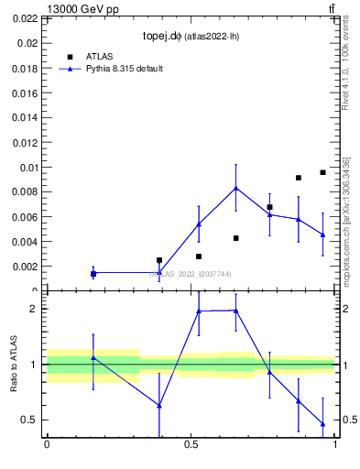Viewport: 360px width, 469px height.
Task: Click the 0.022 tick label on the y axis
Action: (x=26, y=18)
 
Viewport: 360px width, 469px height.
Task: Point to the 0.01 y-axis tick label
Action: (x=29, y=168)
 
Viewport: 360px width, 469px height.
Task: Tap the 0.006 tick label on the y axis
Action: (x=26, y=217)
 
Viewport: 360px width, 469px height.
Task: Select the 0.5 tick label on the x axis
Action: (x=191, y=446)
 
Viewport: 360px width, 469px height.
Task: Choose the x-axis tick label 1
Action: (x=335, y=446)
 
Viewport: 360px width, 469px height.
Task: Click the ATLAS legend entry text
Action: (x=99, y=56)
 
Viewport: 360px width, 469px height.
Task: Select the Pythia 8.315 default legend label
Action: (x=125, y=69)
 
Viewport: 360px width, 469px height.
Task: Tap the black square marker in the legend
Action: (x=70, y=56)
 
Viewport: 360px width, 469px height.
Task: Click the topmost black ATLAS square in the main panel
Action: (x=322, y=172)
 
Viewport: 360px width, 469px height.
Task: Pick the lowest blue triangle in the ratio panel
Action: (x=322, y=423)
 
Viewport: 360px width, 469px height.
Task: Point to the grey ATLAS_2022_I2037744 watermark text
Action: (x=191, y=274)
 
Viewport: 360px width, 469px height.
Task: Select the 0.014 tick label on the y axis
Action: (x=26, y=118)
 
